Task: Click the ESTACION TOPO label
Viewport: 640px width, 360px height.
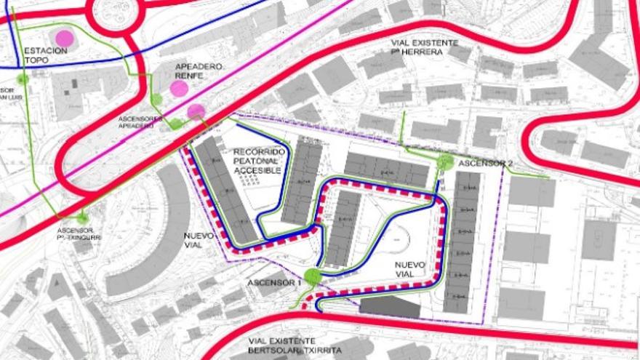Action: pyautogui.click(x=45, y=55)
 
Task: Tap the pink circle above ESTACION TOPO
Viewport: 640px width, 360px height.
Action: pyautogui.click(x=64, y=37)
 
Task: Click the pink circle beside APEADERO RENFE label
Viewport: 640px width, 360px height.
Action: pyautogui.click(x=179, y=89)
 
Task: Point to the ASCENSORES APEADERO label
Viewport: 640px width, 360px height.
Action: pyautogui.click(x=136, y=121)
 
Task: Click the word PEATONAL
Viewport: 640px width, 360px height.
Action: pyautogui.click(x=256, y=161)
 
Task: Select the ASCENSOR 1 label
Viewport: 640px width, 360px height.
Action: pyautogui.click(x=273, y=282)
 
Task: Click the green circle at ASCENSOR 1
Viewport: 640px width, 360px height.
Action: pyautogui.click(x=312, y=276)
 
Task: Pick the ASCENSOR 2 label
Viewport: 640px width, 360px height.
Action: pyautogui.click(x=481, y=163)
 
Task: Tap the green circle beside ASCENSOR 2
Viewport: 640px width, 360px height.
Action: pyautogui.click(x=445, y=163)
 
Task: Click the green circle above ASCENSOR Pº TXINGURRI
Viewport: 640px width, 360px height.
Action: pyautogui.click(x=82, y=217)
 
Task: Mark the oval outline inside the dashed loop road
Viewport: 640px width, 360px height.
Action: pyautogui.click(x=399, y=239)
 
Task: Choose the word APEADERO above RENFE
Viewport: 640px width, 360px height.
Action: pyautogui.click(x=199, y=67)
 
